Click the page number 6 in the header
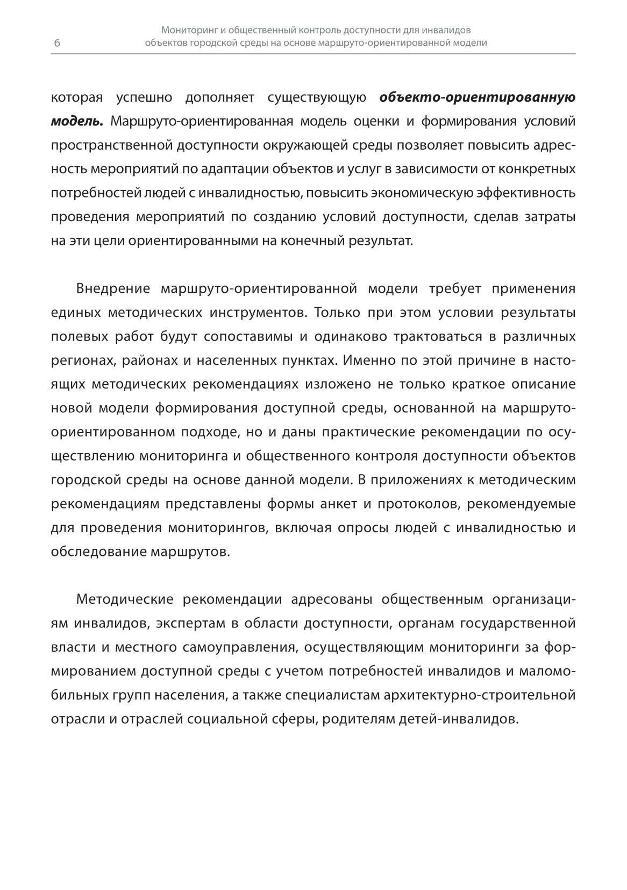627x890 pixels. [57, 44]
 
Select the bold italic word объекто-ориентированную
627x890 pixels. [478, 98]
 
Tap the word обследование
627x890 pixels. [97, 552]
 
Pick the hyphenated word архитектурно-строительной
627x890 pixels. [480, 695]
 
